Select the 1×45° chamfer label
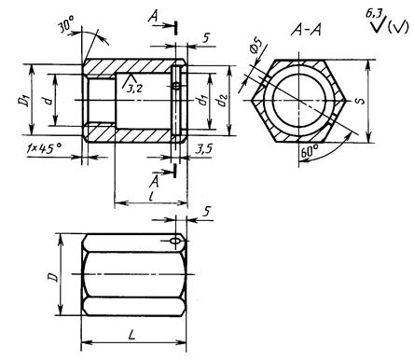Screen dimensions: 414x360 pyautogui.click(x=44, y=147)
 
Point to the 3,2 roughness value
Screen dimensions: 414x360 pyautogui.click(x=134, y=89)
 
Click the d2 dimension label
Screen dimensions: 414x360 pyautogui.click(x=223, y=101)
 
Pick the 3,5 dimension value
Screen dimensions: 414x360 pyautogui.click(x=204, y=148)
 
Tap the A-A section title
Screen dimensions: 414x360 pyautogui.click(x=306, y=31)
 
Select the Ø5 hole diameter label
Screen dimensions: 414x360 pyautogui.click(x=255, y=47)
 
